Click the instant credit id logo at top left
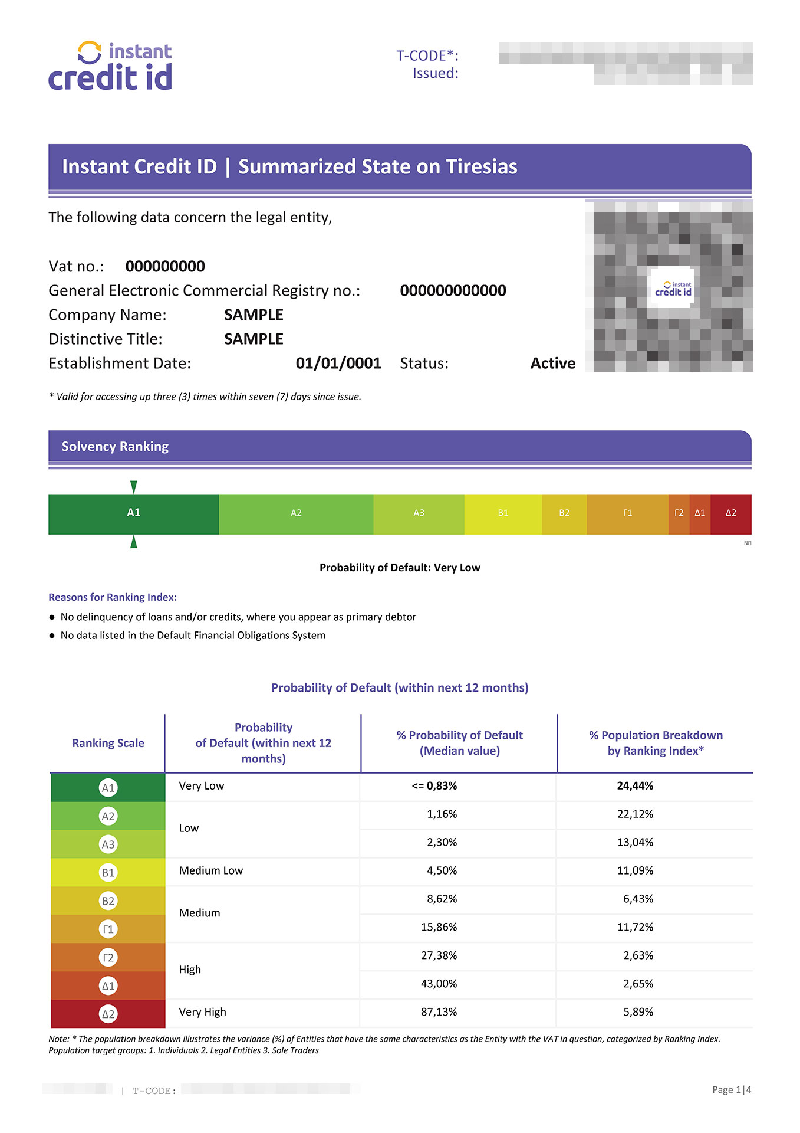[110, 66]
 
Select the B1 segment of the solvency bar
[503, 513]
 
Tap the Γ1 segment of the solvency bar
[627, 513]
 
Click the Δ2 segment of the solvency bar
[730, 513]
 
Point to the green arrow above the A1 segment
[134, 487]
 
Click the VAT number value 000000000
[165, 267]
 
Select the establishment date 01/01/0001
[338, 364]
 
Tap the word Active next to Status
[552, 364]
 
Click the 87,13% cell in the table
[439, 1012]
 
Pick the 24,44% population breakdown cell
[635, 786]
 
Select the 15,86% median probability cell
[439, 927]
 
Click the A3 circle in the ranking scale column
[108, 844]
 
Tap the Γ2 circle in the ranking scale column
[108, 957]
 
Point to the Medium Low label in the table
[210, 870]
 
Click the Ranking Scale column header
[108, 743]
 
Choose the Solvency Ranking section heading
[115, 447]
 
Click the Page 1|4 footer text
[731, 1090]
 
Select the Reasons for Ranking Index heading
[113, 597]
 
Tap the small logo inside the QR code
[673, 289]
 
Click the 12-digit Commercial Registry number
[453, 291]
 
